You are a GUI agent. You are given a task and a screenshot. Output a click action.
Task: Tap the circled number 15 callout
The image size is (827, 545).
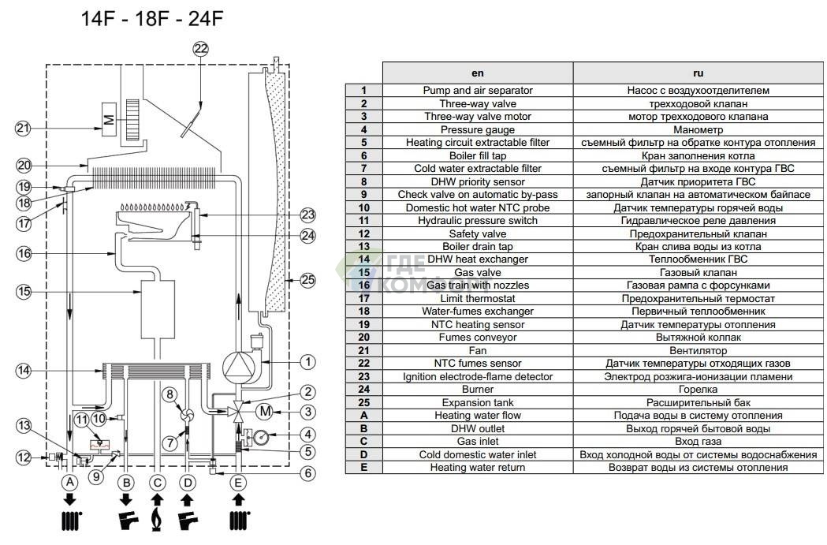point(24,292)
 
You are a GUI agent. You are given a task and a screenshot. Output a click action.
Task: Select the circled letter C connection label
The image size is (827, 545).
point(158,481)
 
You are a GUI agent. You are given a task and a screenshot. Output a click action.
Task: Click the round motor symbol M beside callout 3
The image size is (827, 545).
point(266,410)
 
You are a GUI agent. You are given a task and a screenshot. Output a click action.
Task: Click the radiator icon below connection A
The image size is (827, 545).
point(71,521)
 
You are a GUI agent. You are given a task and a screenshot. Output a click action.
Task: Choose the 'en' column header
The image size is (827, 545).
point(478,73)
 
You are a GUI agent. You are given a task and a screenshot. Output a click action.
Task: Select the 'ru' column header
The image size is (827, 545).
point(698,73)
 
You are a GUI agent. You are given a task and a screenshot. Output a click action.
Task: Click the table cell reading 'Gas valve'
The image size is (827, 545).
point(478,272)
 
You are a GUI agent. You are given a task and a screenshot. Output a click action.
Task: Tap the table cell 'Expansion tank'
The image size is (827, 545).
point(478,402)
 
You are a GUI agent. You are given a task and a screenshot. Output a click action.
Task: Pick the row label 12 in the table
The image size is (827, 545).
point(363,233)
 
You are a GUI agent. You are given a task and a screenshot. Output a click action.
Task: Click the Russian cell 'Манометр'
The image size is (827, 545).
point(698,129)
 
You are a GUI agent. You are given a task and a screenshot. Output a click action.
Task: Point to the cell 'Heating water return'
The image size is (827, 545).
point(478,468)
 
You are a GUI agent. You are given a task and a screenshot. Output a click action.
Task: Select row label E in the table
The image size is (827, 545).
point(363,468)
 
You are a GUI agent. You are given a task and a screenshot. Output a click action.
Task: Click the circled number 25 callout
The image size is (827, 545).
point(307,278)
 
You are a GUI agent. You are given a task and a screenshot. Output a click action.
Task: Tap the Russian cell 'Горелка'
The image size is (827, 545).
point(698,389)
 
